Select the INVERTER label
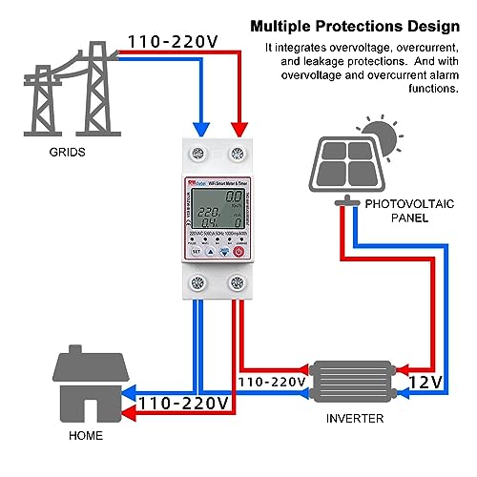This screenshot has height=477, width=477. click(354, 419)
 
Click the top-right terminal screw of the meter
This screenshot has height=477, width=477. click(238, 150)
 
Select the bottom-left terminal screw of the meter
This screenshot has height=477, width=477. click(197, 282)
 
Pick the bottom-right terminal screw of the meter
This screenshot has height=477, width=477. click(238, 282)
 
